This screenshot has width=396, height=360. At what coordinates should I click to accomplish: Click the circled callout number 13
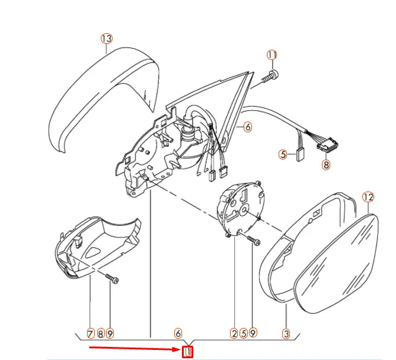[x=106, y=39]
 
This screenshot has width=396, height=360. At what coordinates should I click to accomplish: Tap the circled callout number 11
[x=272, y=55]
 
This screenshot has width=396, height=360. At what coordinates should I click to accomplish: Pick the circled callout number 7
[x=90, y=334]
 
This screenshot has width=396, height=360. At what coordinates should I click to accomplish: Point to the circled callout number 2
[x=234, y=334]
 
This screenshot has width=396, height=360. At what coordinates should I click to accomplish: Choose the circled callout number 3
[x=286, y=334]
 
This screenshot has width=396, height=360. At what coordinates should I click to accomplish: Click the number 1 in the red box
[x=188, y=352]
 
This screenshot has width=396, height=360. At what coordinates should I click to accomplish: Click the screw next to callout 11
[x=272, y=75]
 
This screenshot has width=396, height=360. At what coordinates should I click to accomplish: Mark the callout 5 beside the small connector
[x=283, y=155]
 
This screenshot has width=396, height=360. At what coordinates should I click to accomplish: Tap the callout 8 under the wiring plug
[x=325, y=165]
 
